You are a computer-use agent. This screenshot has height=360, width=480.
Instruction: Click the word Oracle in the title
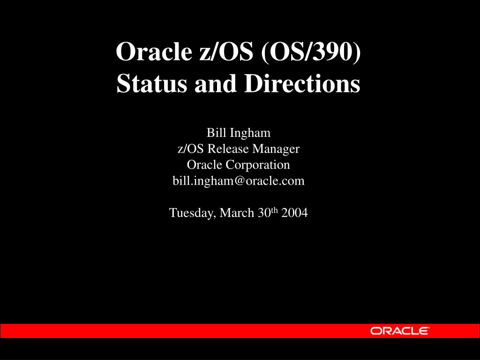pos(154,51)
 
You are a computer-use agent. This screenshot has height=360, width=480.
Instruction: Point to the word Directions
pos(302,83)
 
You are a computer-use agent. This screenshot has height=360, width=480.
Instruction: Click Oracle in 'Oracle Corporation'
pos(204,165)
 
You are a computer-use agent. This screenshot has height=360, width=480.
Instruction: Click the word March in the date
pos(237,213)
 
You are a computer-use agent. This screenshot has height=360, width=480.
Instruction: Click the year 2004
pos(294,213)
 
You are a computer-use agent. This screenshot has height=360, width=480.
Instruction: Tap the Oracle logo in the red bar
pos(399,331)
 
